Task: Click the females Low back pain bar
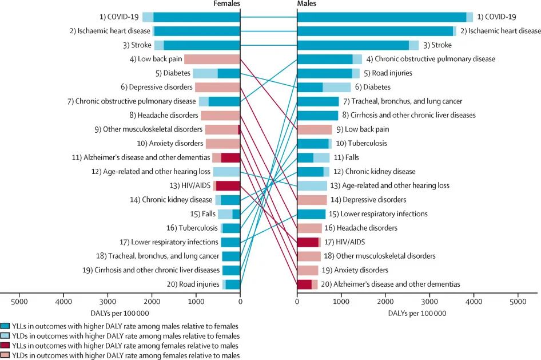tap(212, 59)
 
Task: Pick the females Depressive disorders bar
tap(217, 87)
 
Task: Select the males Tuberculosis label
tap(361, 143)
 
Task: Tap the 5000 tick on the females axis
tap(19, 301)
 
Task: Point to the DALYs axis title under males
tap(417, 314)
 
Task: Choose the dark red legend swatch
tap(5, 346)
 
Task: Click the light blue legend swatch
tap(5, 336)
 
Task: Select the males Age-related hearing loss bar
tap(312, 185)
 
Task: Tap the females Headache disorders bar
tap(220, 115)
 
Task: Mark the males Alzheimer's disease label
tap(390, 284)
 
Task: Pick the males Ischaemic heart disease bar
tap(377, 31)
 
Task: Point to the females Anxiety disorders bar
tap(223, 143)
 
